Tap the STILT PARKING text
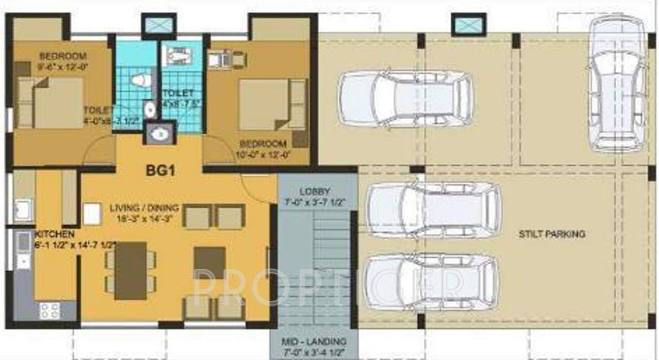552,234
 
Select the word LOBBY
315,192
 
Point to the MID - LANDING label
315,340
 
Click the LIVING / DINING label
144,208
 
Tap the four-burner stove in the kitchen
50,310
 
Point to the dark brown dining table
130,270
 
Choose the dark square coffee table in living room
209,262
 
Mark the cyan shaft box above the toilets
159,25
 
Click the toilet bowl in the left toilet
141,80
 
